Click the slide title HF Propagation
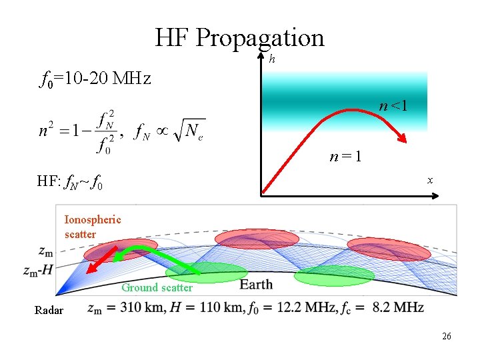point(239,37)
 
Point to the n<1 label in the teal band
point(393,105)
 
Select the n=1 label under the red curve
point(347,157)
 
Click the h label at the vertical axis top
point(272,59)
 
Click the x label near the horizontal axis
point(430,180)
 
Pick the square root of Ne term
point(187,131)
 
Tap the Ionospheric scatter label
point(93,227)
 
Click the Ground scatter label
point(157,288)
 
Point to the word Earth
point(256,285)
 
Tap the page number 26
point(446,336)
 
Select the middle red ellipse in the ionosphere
point(248,240)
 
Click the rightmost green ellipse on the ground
point(333,275)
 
